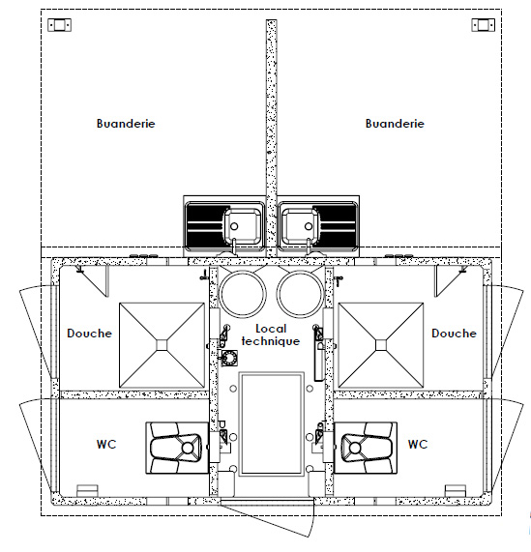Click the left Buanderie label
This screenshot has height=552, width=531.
tap(126, 124)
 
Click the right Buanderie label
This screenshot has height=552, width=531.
tap(395, 124)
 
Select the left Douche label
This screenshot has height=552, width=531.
tap(89, 334)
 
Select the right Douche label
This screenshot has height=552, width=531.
tap(454, 334)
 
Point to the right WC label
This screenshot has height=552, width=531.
tap(417, 445)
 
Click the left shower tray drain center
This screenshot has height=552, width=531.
tap(162, 342)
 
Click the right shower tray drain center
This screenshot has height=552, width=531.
tap(381, 342)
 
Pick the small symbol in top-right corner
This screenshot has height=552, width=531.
tap(481, 24)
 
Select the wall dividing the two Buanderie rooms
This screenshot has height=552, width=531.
tap(271, 106)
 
